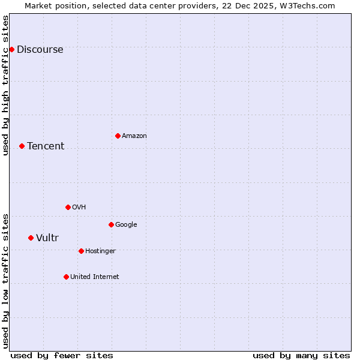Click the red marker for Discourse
tap(11, 49)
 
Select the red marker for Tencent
tap(22, 146)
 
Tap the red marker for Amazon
tap(118, 136)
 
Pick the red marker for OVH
tap(68, 207)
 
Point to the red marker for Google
tap(111, 224)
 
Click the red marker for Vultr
tap(31, 238)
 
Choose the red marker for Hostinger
tap(81, 251)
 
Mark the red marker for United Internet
tap(66, 277)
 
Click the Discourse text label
tap(40, 50)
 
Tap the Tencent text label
tap(46, 146)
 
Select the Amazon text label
tap(134, 136)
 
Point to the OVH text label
tap(79, 208)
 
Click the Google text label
tap(126, 225)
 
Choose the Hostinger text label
tap(100, 251)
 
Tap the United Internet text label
tap(94, 277)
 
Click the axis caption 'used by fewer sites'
tap(62, 356)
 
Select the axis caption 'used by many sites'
tap(301, 356)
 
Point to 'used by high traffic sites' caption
tap(6, 85)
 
